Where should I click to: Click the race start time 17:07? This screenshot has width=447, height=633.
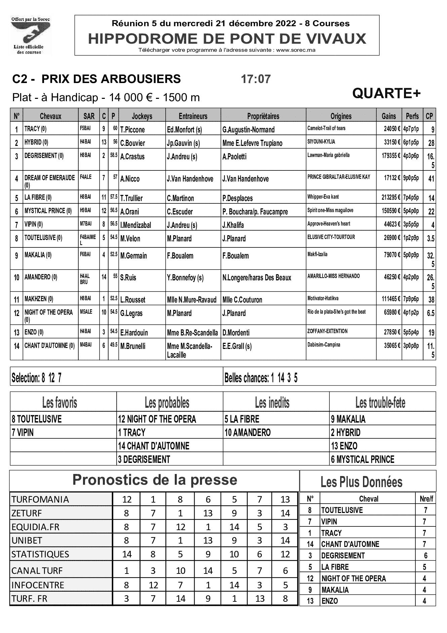click(x=255, y=79)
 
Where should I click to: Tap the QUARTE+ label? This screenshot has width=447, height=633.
click(x=386, y=93)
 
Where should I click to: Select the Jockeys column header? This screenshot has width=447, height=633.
click(x=142, y=116)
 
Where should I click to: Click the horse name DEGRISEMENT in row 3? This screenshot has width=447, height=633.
click(x=41, y=156)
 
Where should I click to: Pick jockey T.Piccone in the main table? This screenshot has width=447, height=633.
click(x=132, y=129)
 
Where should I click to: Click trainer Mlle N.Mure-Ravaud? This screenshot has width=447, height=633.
click(x=192, y=300)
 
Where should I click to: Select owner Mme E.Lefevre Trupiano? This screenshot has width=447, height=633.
click(x=252, y=143)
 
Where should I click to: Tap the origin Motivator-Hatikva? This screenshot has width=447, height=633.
click(x=323, y=298)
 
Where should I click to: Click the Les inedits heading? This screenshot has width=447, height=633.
click(x=272, y=402)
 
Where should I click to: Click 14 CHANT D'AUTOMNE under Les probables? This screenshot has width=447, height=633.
click(x=154, y=446)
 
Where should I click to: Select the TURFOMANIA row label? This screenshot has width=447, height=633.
click(x=40, y=499)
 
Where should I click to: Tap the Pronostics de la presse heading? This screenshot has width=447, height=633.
click(x=155, y=480)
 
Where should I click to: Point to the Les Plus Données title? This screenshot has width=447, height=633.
click(x=361, y=482)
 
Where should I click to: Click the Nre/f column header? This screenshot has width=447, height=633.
click(x=426, y=499)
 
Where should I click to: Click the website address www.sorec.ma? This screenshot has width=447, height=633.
click(x=296, y=50)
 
